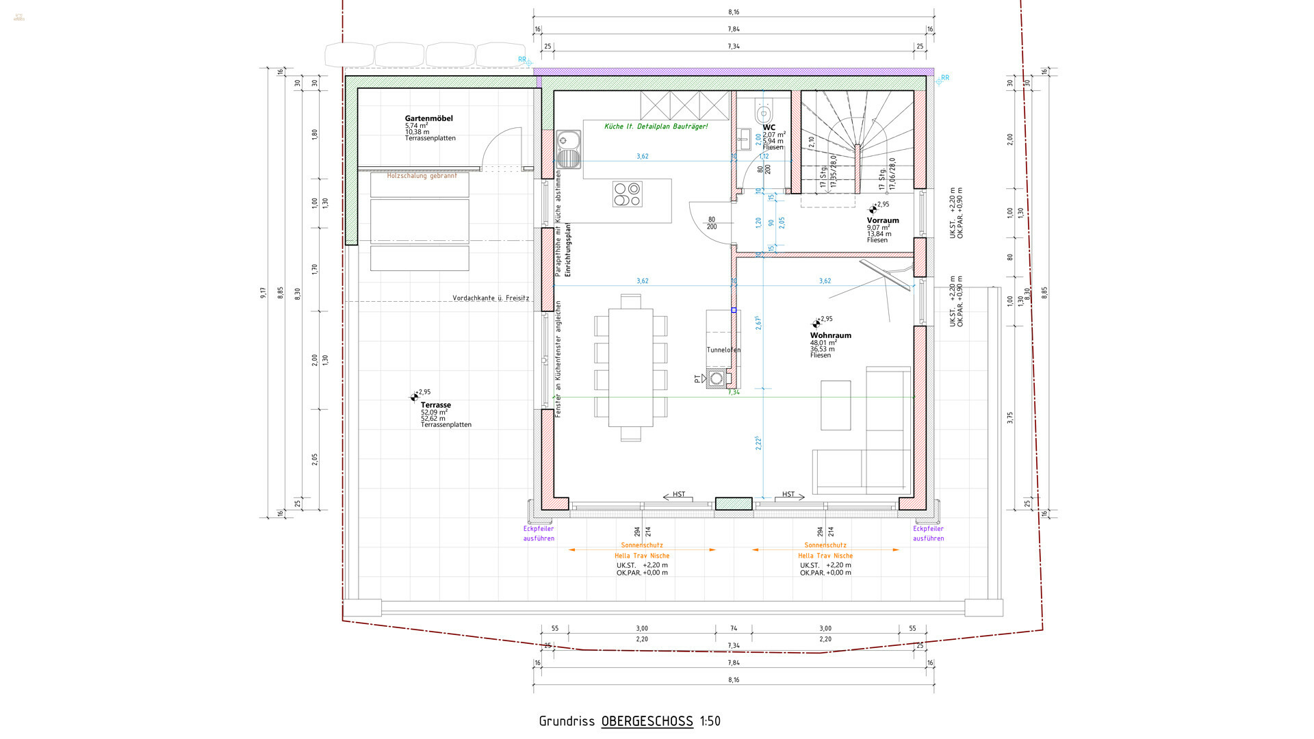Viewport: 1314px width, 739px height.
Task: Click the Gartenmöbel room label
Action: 428,118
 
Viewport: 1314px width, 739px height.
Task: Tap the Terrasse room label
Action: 435,405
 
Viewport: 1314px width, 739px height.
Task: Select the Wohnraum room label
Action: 830,335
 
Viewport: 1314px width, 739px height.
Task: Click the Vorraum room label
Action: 882,220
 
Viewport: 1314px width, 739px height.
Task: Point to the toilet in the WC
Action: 764,112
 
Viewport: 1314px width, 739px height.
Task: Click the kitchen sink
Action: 567,150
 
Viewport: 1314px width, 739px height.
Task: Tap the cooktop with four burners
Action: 627,194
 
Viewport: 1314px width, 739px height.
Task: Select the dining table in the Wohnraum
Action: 630,367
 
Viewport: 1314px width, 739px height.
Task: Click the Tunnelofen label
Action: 723,350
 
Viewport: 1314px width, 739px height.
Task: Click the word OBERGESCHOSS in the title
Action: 647,721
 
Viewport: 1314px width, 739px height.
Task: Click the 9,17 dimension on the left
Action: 263,293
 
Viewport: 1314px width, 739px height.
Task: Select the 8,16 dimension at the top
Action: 734,12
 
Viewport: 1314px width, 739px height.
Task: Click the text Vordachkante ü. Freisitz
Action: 490,298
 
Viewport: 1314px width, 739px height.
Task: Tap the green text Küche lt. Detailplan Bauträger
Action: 656,127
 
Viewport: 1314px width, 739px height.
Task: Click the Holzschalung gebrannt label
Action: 422,176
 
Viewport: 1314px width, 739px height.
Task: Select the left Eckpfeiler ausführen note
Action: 539,533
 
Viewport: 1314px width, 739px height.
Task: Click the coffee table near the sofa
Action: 835,405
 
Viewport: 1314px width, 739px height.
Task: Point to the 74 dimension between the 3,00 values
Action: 734,628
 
